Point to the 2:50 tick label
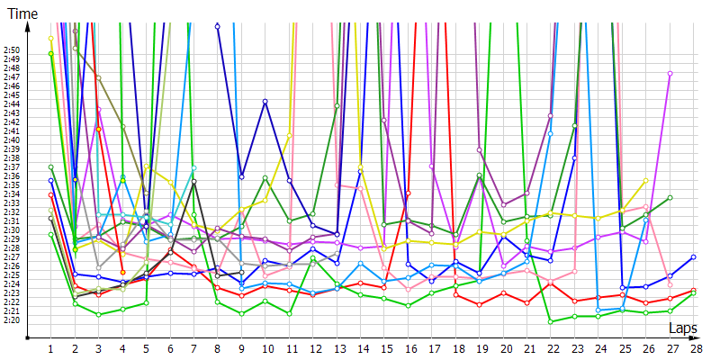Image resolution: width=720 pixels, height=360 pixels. click(x=13, y=50)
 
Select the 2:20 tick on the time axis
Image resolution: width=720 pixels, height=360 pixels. click(x=13, y=319)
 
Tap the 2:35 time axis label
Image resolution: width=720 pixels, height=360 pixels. click(x=13, y=184)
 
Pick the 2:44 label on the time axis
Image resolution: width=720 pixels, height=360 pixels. click(x=13, y=104)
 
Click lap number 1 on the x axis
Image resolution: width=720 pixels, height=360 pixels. click(x=50, y=348)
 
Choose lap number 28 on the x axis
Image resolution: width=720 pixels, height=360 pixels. click(x=695, y=348)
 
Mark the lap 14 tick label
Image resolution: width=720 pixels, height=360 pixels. click(x=361, y=348)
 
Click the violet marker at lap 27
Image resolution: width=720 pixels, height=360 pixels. click(x=670, y=74)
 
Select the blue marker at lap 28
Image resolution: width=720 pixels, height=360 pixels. click(x=694, y=257)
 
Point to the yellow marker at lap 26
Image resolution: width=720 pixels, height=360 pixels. click(x=646, y=180)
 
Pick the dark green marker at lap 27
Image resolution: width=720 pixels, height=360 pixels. click(x=670, y=198)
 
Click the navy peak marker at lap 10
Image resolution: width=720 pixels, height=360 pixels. click(x=265, y=102)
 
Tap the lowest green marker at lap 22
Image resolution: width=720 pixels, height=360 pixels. click(x=551, y=321)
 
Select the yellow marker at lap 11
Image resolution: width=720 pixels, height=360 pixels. click(x=289, y=135)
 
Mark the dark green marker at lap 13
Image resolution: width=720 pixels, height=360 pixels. click(x=337, y=106)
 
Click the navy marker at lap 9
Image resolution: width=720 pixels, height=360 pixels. click(x=241, y=176)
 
